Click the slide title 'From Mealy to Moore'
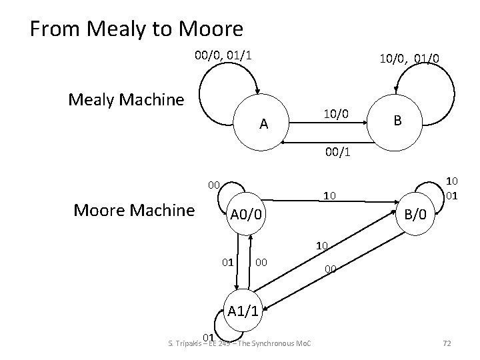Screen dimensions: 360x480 click(137, 29)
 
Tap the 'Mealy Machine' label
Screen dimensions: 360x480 click(126, 101)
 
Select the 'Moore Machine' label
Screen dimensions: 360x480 click(134, 211)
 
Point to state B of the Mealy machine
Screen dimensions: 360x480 click(397, 121)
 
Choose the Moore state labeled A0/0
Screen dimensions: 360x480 click(247, 215)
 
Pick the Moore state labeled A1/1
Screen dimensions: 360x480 click(247, 310)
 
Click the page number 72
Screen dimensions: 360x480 click(447, 343)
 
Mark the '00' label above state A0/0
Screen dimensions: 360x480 click(213, 183)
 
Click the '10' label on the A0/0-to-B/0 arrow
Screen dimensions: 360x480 click(328, 196)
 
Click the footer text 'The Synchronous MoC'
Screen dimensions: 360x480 click(279, 343)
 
